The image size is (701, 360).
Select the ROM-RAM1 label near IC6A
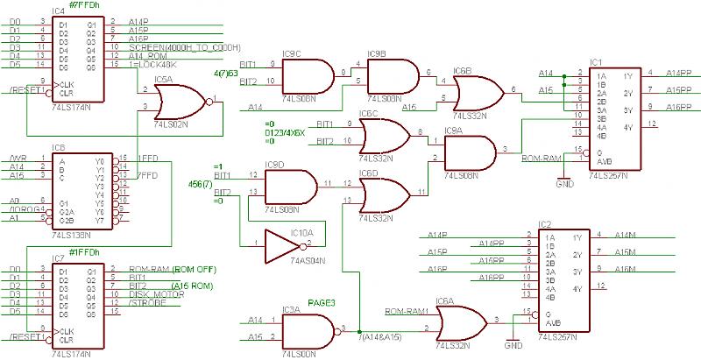coord(405,311)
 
